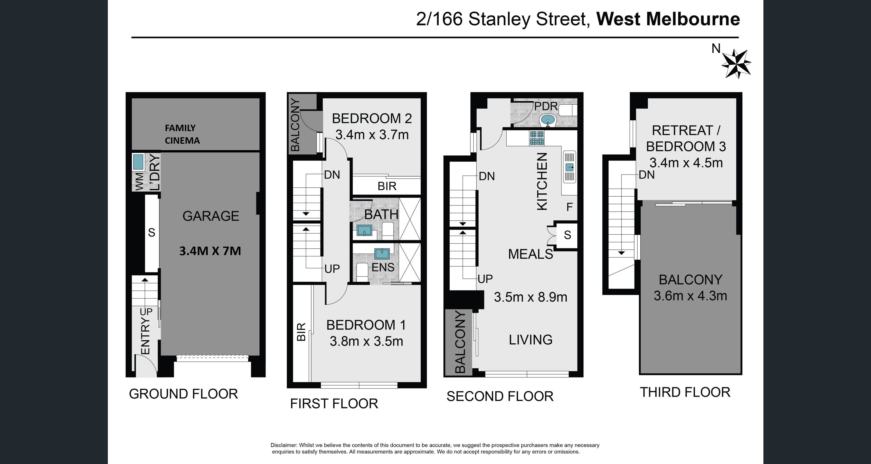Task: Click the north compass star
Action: pyautogui.click(x=736, y=64)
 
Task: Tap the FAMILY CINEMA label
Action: pyautogui.click(x=182, y=134)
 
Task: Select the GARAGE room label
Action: pyautogui.click(x=211, y=216)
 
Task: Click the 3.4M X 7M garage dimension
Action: pyautogui.click(x=210, y=251)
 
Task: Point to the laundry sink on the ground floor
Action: pyautogui.click(x=138, y=162)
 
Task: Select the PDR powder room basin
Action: pyautogui.click(x=547, y=120)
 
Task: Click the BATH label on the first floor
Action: pyautogui.click(x=381, y=215)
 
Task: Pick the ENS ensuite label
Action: pyautogui.click(x=383, y=267)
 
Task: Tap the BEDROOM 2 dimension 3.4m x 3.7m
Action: pyautogui.click(x=372, y=135)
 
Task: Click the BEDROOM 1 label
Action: pyautogui.click(x=366, y=325)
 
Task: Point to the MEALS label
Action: pyautogui.click(x=531, y=254)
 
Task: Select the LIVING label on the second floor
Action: pyautogui.click(x=531, y=340)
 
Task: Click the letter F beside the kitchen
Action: pyautogui.click(x=569, y=207)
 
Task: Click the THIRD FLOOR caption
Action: pyautogui.click(x=685, y=392)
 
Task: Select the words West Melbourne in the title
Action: pyautogui.click(x=668, y=19)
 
